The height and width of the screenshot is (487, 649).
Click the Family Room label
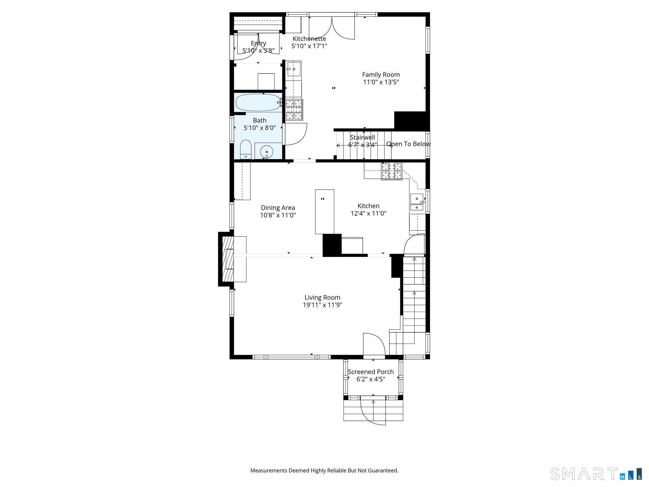381,75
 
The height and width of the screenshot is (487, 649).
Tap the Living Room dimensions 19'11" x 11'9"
322,305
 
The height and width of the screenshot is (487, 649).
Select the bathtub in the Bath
258,102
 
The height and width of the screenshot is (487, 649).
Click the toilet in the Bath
245,150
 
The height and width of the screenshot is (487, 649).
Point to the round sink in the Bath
267,152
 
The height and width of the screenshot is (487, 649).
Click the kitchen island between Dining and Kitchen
324,211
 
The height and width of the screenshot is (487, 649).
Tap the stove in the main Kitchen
391,171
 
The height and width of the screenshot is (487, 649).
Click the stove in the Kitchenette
294,110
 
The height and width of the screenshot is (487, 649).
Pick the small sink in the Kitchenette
294,69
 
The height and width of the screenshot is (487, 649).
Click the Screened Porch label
371,372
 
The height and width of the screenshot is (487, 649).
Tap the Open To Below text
408,144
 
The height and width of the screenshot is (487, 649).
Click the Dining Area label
278,208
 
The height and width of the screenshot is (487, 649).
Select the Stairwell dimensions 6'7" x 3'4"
363,145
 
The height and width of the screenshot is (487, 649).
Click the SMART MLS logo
596,474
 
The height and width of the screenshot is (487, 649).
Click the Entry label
258,43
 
